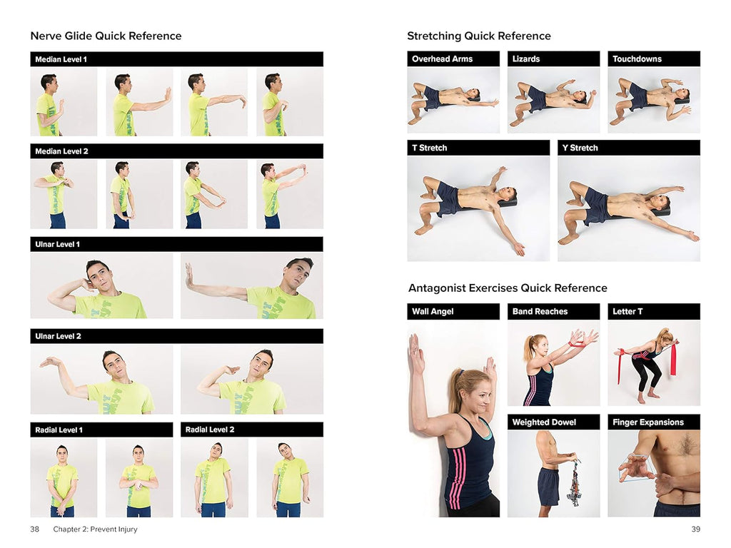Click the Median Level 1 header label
61,59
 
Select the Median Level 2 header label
61,151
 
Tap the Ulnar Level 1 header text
57,244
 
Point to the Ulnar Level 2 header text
59,336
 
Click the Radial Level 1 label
59,430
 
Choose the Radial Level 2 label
210,429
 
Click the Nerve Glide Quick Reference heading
106,36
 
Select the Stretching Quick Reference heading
479,36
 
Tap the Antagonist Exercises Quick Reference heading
508,288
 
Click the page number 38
34,529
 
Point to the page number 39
695,529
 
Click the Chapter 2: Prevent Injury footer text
95,529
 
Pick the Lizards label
526,59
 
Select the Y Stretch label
580,148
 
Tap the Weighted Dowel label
544,422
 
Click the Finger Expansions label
648,422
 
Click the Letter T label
627,311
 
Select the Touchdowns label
637,59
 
